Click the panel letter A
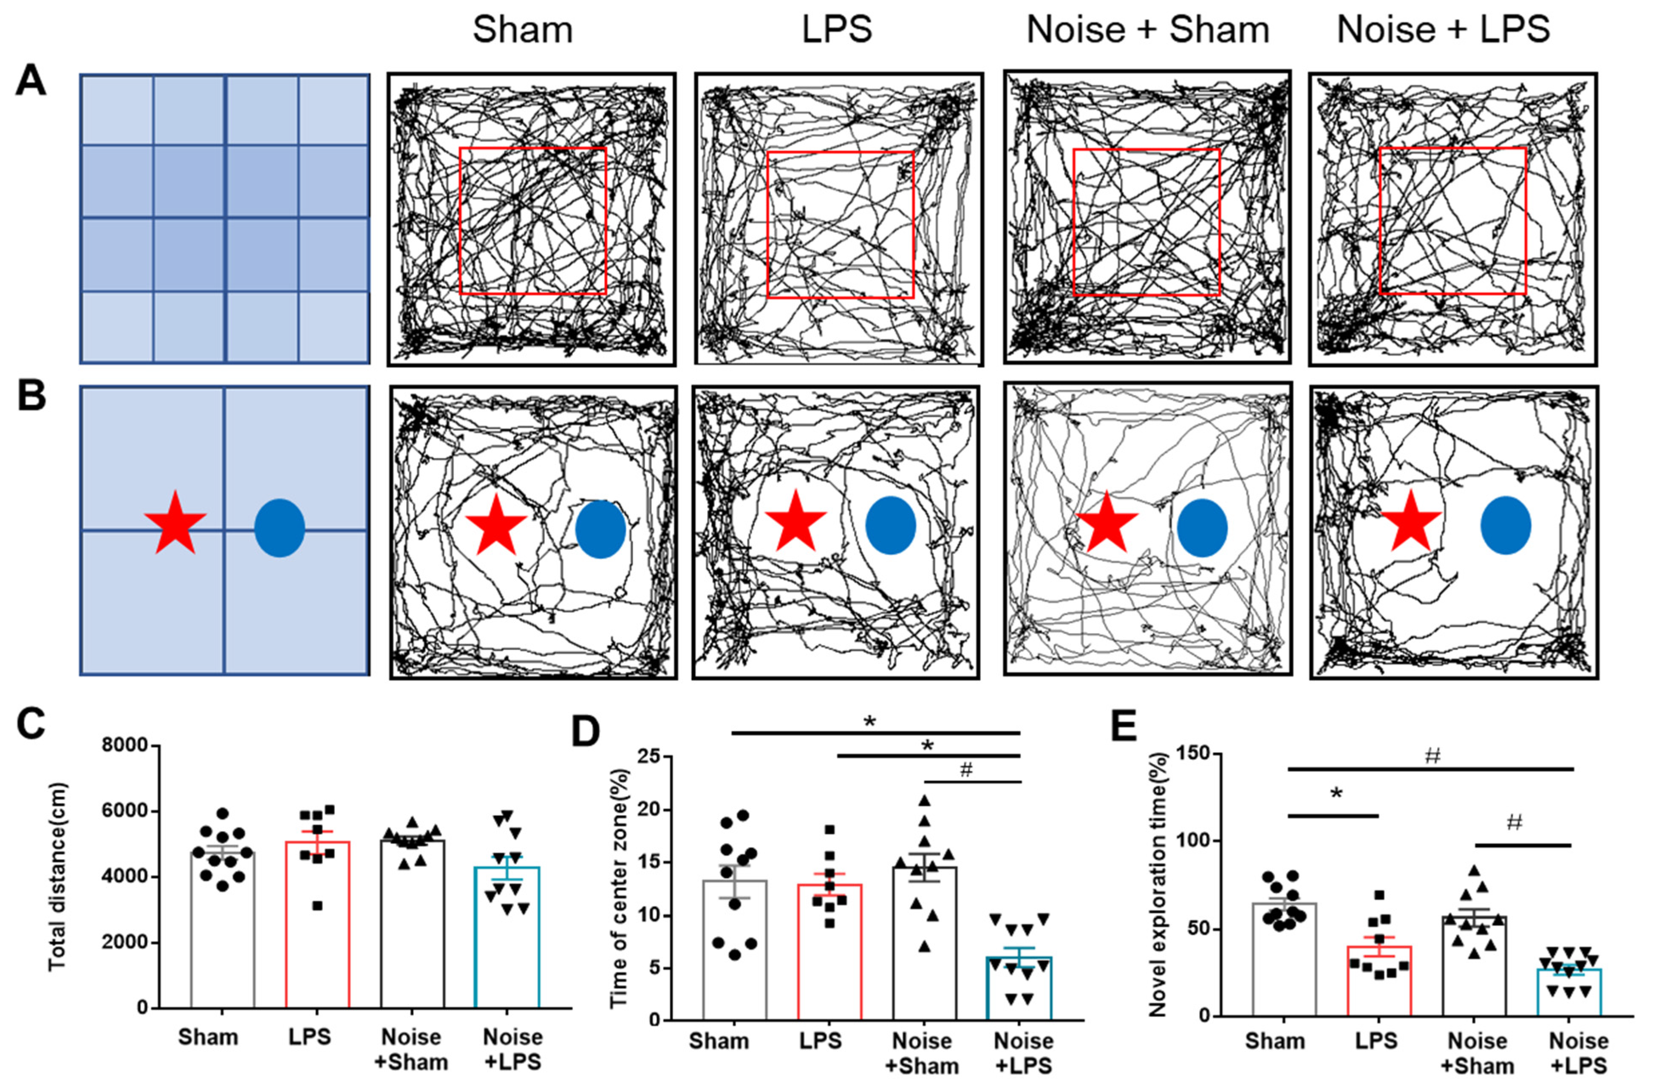pos(31,82)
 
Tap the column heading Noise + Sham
pos(1147,30)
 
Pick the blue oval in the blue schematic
pos(279,528)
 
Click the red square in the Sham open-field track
pos(533,221)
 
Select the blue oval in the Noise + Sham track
pos(1202,527)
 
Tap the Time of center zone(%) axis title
pos(620,888)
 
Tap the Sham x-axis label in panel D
pos(719,1041)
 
